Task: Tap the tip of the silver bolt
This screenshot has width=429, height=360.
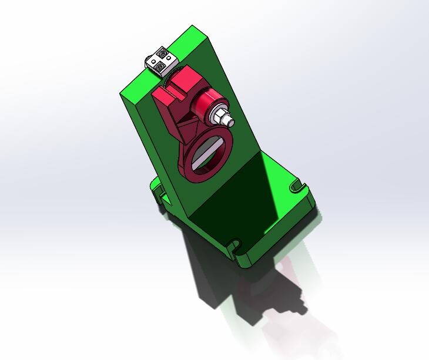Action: pyautogui.click(x=230, y=122)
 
